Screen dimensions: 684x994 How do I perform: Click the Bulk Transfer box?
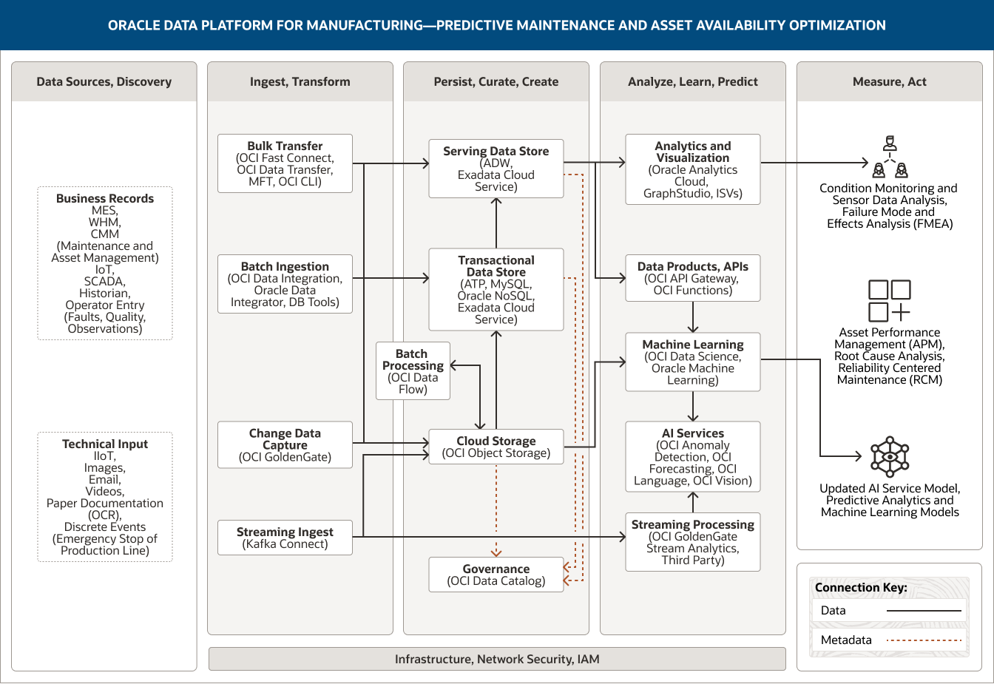285,163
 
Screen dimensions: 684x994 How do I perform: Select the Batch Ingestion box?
285,284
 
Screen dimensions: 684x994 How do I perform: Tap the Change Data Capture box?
285,444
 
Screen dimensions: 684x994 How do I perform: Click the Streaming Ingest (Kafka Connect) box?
285,538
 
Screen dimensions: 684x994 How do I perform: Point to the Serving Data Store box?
496,169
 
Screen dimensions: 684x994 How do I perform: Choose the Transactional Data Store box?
496,289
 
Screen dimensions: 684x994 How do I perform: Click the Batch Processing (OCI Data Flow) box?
413,371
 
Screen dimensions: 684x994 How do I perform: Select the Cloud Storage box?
496,447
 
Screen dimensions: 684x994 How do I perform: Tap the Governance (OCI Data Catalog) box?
496,575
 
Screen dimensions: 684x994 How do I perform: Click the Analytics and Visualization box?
692,169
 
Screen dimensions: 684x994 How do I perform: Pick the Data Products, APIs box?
692,278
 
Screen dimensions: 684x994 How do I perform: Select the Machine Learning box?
692,362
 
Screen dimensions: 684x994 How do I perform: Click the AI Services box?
692,456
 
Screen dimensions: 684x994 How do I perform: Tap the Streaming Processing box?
692,542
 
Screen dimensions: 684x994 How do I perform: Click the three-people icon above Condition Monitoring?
890,158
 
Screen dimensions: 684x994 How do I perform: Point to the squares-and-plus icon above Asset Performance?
889,300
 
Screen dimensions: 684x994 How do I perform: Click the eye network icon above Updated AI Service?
889,456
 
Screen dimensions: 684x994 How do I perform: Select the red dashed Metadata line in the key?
924,640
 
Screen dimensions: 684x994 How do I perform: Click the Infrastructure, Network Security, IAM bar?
497,659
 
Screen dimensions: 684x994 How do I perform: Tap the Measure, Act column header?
889,81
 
